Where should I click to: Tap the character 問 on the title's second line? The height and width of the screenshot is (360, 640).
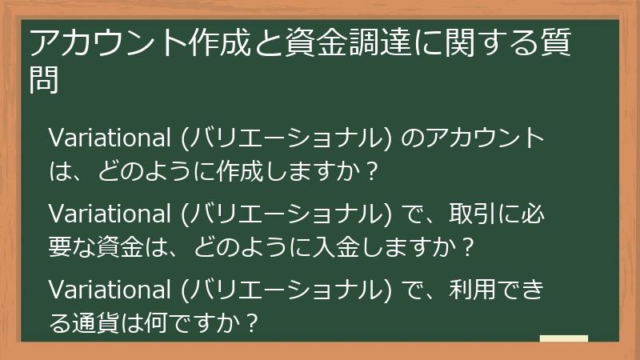click(44, 80)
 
